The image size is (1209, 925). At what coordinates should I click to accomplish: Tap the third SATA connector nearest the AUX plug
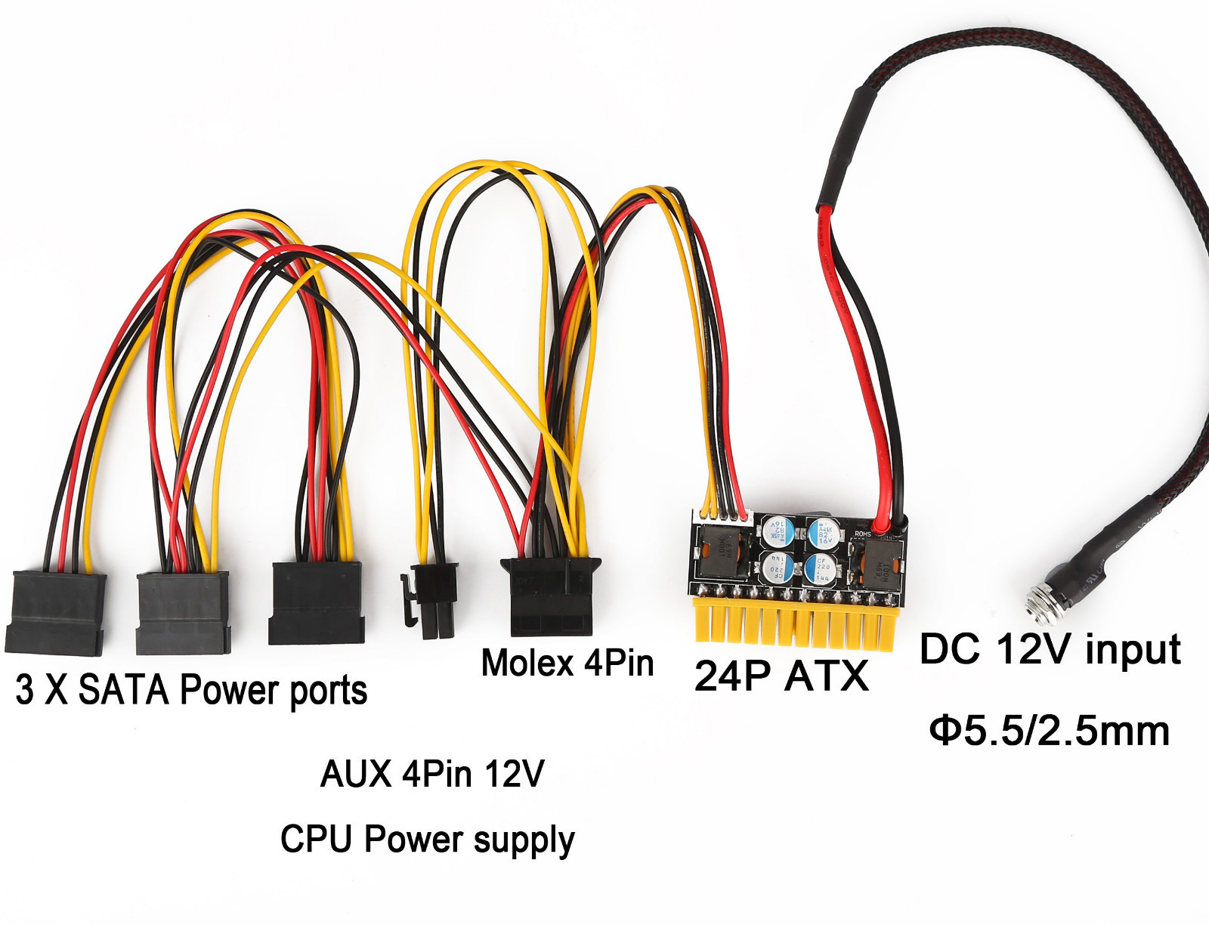pos(316,602)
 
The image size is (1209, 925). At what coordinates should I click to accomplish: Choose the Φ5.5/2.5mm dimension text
pos(1050,730)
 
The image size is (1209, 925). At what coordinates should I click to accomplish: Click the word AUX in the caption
pos(355,774)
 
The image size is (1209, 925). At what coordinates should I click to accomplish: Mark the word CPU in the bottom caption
pos(317,839)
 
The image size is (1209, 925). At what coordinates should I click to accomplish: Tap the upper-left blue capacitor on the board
pos(777,531)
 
